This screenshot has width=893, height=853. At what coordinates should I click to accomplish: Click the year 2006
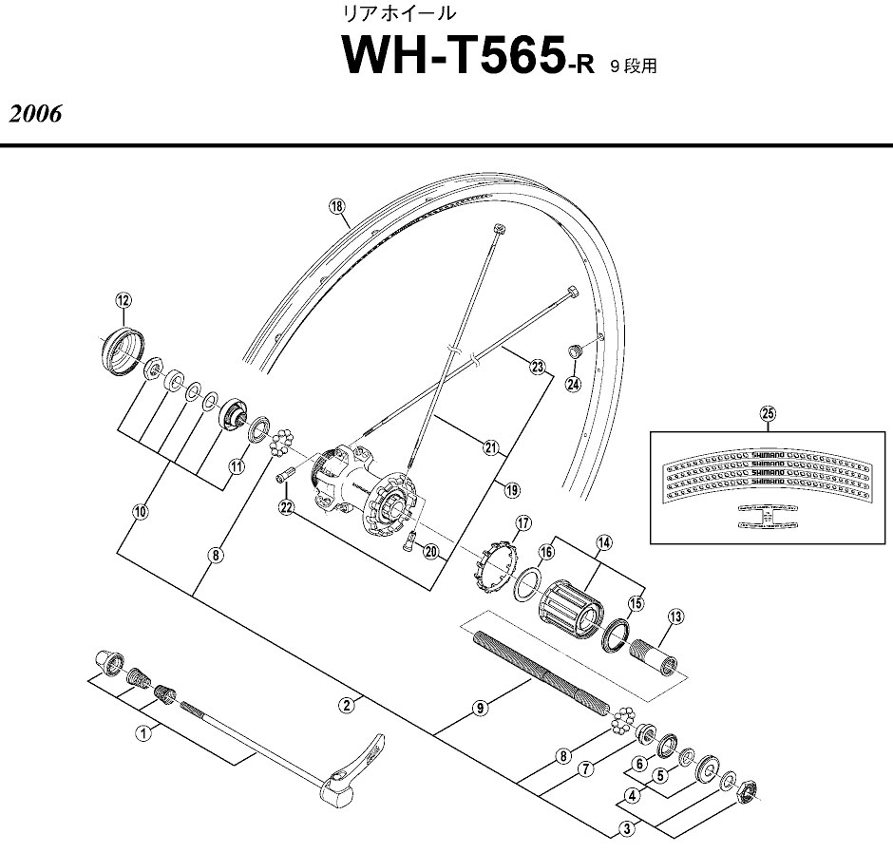36,114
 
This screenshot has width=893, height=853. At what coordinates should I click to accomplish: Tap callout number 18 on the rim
335,206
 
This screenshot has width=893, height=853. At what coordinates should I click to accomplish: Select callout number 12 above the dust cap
122,300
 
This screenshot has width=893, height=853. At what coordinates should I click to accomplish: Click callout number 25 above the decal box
768,411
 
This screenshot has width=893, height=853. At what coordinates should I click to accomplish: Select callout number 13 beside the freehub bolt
675,616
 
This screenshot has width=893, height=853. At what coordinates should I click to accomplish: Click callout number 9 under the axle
481,708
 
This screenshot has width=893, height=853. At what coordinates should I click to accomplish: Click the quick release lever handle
356,767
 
